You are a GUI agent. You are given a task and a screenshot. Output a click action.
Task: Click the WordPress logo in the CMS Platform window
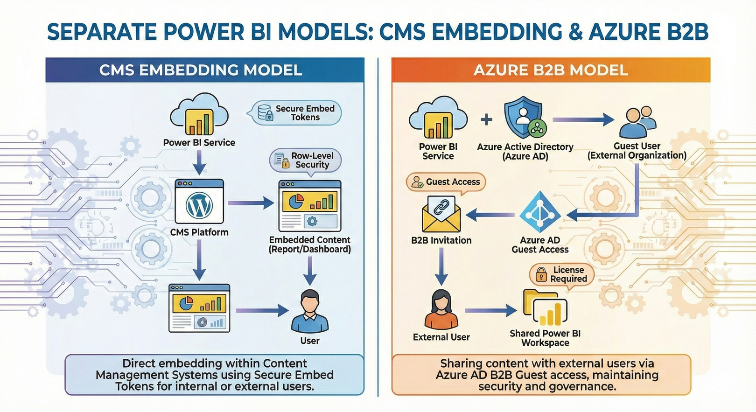click(x=199, y=206)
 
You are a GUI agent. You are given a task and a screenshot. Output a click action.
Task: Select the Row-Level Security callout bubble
click(x=306, y=160)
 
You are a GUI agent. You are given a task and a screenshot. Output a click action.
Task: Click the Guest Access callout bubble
click(x=446, y=182)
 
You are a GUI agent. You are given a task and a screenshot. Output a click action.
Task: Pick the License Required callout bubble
click(x=562, y=274)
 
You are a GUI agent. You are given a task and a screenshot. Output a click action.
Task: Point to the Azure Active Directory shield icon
click(x=524, y=118)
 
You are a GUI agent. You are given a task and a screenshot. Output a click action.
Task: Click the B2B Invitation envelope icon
click(x=441, y=214)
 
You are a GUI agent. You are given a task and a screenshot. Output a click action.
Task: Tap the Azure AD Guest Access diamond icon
click(x=540, y=212)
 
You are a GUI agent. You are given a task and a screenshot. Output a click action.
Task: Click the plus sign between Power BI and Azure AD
click(x=487, y=119)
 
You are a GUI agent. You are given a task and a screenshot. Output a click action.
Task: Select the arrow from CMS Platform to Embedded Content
click(x=251, y=203)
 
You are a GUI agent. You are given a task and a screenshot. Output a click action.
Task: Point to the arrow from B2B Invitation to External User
click(x=441, y=266)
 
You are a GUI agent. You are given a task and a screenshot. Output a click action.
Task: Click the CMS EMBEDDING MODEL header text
click(x=201, y=70)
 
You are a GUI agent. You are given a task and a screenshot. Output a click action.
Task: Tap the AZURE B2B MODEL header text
click(x=551, y=70)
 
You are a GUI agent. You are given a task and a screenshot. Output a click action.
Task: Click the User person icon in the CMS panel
click(x=309, y=311)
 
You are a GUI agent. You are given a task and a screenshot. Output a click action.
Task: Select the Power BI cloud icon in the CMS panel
click(x=199, y=115)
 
